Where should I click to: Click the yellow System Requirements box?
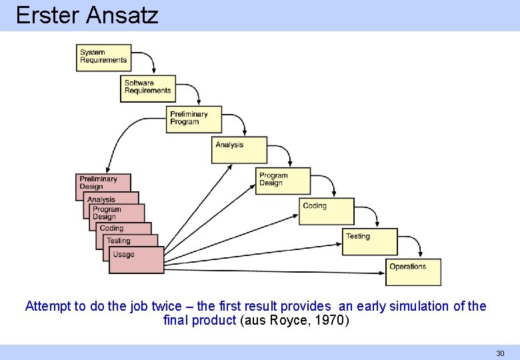click(x=103, y=57)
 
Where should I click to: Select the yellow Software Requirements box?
click(x=148, y=88)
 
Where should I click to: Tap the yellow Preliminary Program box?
click(x=194, y=119)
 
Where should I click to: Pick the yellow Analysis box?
click(x=239, y=150)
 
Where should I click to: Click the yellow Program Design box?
click(x=283, y=181)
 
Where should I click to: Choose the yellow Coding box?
click(x=327, y=211)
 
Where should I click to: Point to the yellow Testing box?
click(x=369, y=241)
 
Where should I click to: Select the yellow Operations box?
click(x=415, y=272)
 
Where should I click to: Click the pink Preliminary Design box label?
click(x=99, y=183)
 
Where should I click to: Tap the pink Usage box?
click(x=136, y=260)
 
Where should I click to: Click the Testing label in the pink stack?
click(x=119, y=241)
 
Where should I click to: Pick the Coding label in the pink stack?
click(x=111, y=228)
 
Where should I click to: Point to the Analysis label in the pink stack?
click(x=101, y=199)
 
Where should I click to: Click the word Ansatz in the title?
click(x=122, y=15)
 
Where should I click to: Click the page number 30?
click(x=500, y=353)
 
